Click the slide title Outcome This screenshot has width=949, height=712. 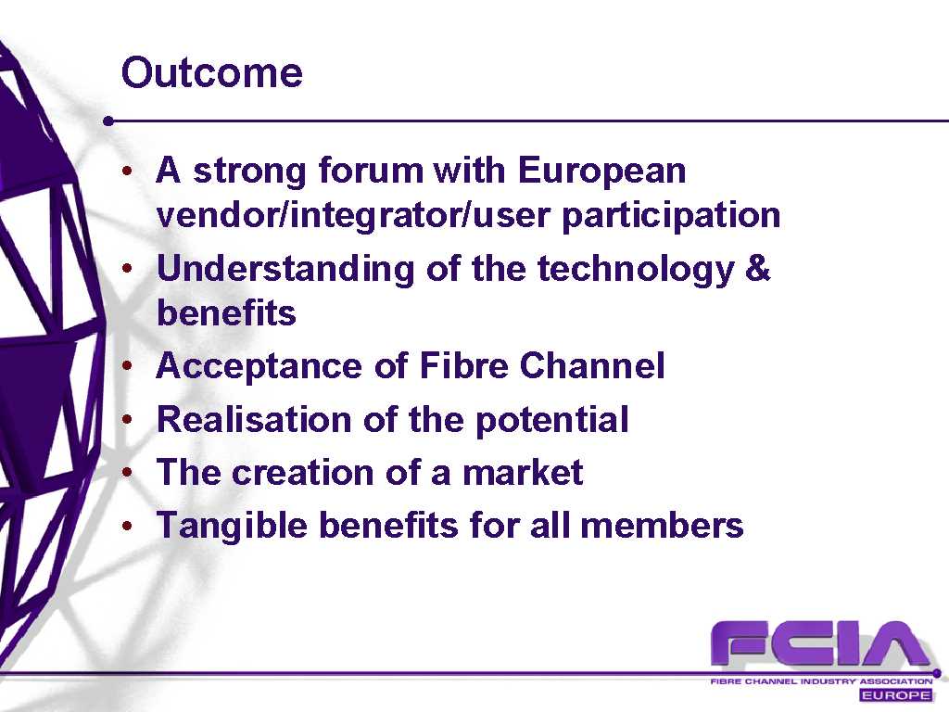tap(212, 72)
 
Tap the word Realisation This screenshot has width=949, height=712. tap(254, 419)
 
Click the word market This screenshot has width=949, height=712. tap(523, 472)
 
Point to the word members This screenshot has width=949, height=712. tap(662, 525)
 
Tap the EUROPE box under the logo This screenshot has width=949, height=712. tap(896, 695)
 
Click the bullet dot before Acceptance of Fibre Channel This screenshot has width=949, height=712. tap(127, 365)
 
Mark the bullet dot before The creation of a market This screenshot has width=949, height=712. tap(127, 472)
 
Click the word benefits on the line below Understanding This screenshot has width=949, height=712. tap(226, 313)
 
